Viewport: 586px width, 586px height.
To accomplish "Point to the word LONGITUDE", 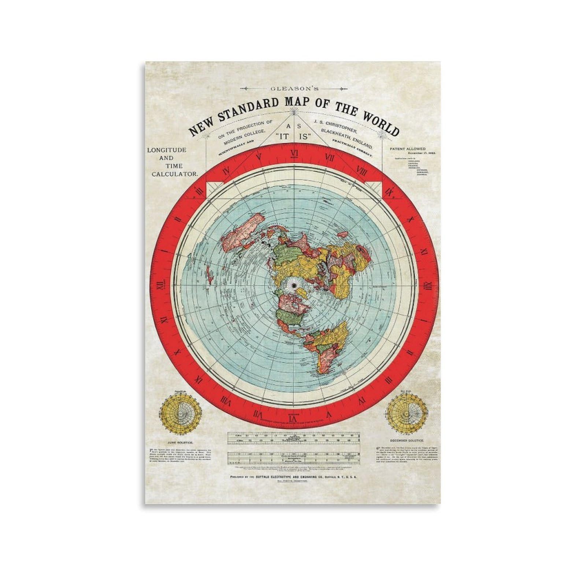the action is [167, 150].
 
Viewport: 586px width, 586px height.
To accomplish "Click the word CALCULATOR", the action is [175, 175].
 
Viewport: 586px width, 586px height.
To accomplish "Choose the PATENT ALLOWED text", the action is [408, 149].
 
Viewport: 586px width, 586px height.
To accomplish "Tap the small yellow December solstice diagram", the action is [407, 412].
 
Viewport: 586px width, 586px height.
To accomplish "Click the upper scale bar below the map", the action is [293, 438].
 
